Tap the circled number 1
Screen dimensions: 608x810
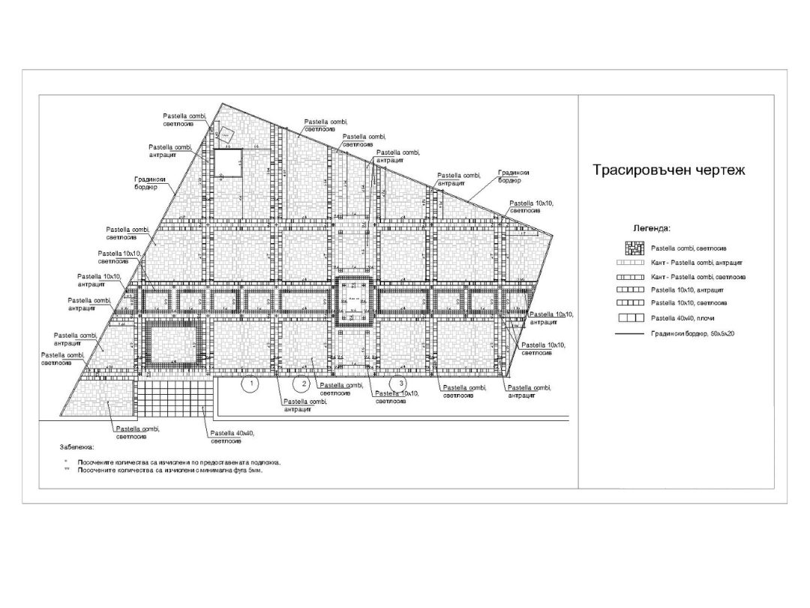(x=252, y=384)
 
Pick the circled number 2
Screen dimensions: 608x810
(x=301, y=384)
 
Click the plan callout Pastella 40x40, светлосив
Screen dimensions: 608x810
(x=232, y=437)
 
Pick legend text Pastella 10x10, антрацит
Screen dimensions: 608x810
(x=687, y=290)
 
